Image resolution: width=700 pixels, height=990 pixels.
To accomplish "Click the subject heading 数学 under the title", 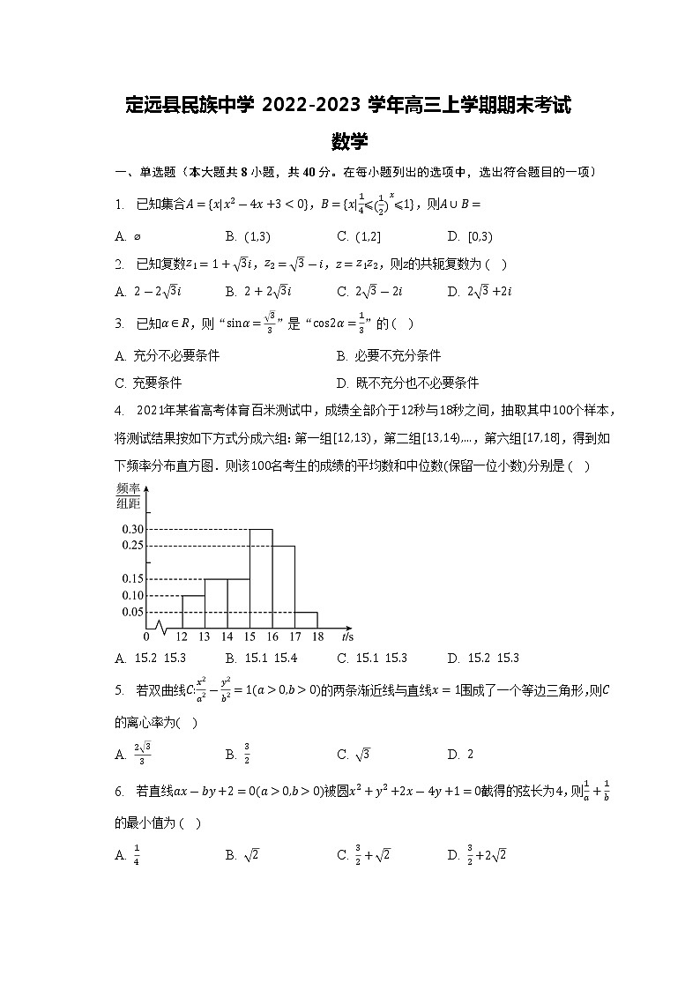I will (350, 141).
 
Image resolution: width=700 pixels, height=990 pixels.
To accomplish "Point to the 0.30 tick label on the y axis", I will (133, 529).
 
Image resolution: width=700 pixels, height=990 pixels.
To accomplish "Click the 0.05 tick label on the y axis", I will (133, 612).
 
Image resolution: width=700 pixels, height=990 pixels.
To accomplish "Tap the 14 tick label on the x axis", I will (227, 636).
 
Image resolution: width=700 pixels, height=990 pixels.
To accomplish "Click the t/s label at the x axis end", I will (346, 636).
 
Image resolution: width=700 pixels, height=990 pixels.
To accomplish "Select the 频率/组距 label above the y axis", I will (129, 496).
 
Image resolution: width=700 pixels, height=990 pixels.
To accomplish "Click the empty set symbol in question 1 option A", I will (137, 236).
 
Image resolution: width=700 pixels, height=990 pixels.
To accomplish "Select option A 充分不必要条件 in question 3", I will (175, 355).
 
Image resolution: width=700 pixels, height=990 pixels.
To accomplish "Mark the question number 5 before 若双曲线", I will (118, 689).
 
